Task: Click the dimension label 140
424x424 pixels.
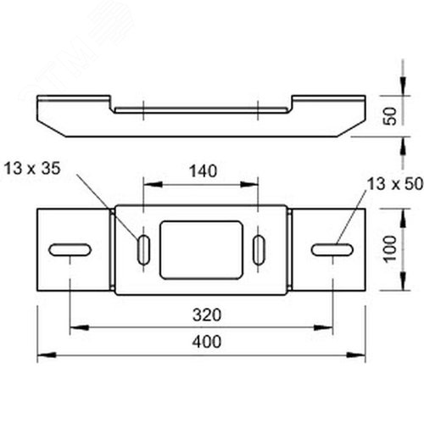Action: pos(203,171)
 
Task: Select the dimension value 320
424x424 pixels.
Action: pos(207,315)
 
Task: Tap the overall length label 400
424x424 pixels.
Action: pos(207,342)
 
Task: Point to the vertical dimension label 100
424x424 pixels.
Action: pos(390,249)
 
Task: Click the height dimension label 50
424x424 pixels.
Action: pos(390,116)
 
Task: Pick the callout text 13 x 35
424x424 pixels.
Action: pos(32,168)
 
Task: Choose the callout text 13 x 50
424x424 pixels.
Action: pos(395,184)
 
